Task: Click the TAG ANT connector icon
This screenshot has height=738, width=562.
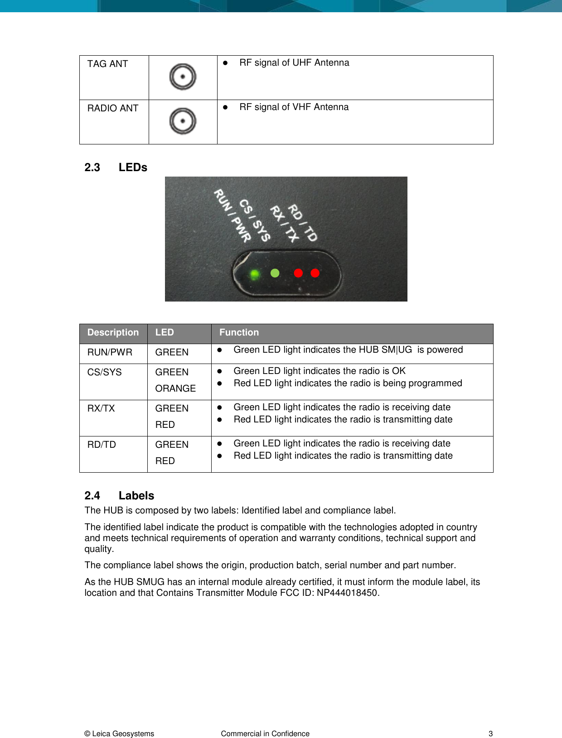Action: (183, 77)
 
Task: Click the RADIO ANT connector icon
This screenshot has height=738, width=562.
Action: (183, 121)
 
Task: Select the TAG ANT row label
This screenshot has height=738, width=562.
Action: (107, 64)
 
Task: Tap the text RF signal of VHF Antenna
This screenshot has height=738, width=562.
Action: (294, 107)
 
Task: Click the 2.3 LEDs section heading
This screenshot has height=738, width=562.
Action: (116, 168)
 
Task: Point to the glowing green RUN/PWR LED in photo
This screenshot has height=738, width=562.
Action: (255, 274)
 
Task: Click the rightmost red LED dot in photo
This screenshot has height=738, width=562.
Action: (315, 273)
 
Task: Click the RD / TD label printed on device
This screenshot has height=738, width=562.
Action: (303, 222)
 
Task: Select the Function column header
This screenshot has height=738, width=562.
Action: (239, 332)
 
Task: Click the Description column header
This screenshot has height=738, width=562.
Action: (113, 332)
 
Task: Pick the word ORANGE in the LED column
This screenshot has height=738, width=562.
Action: (175, 388)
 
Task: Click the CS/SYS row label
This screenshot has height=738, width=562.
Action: (104, 372)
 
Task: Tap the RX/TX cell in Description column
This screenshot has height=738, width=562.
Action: (101, 408)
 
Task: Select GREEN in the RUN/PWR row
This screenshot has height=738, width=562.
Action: (172, 352)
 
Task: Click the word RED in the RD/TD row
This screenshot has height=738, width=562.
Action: (165, 461)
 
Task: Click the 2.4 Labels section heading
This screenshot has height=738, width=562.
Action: (120, 496)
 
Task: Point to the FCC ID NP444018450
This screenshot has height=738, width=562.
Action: (348, 593)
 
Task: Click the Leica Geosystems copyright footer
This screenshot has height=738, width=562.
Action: (119, 733)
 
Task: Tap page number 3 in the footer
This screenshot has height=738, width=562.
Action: (490, 733)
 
